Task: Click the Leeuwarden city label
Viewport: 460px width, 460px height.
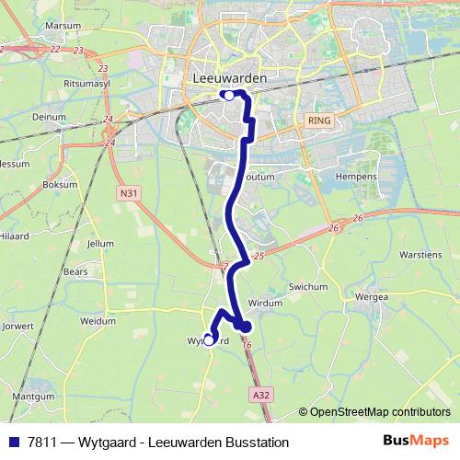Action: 231,78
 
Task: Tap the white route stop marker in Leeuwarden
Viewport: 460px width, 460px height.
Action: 227,94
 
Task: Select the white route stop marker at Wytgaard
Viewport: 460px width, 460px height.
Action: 208,339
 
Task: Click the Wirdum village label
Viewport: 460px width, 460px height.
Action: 265,302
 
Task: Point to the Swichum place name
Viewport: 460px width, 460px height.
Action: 308,287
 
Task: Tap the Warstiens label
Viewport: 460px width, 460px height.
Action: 422,253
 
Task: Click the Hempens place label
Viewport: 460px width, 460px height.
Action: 357,176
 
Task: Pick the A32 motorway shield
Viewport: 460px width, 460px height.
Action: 260,394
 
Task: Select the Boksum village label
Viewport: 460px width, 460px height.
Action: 60,183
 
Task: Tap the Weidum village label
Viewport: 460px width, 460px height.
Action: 98,321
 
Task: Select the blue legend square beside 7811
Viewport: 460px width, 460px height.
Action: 14,443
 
